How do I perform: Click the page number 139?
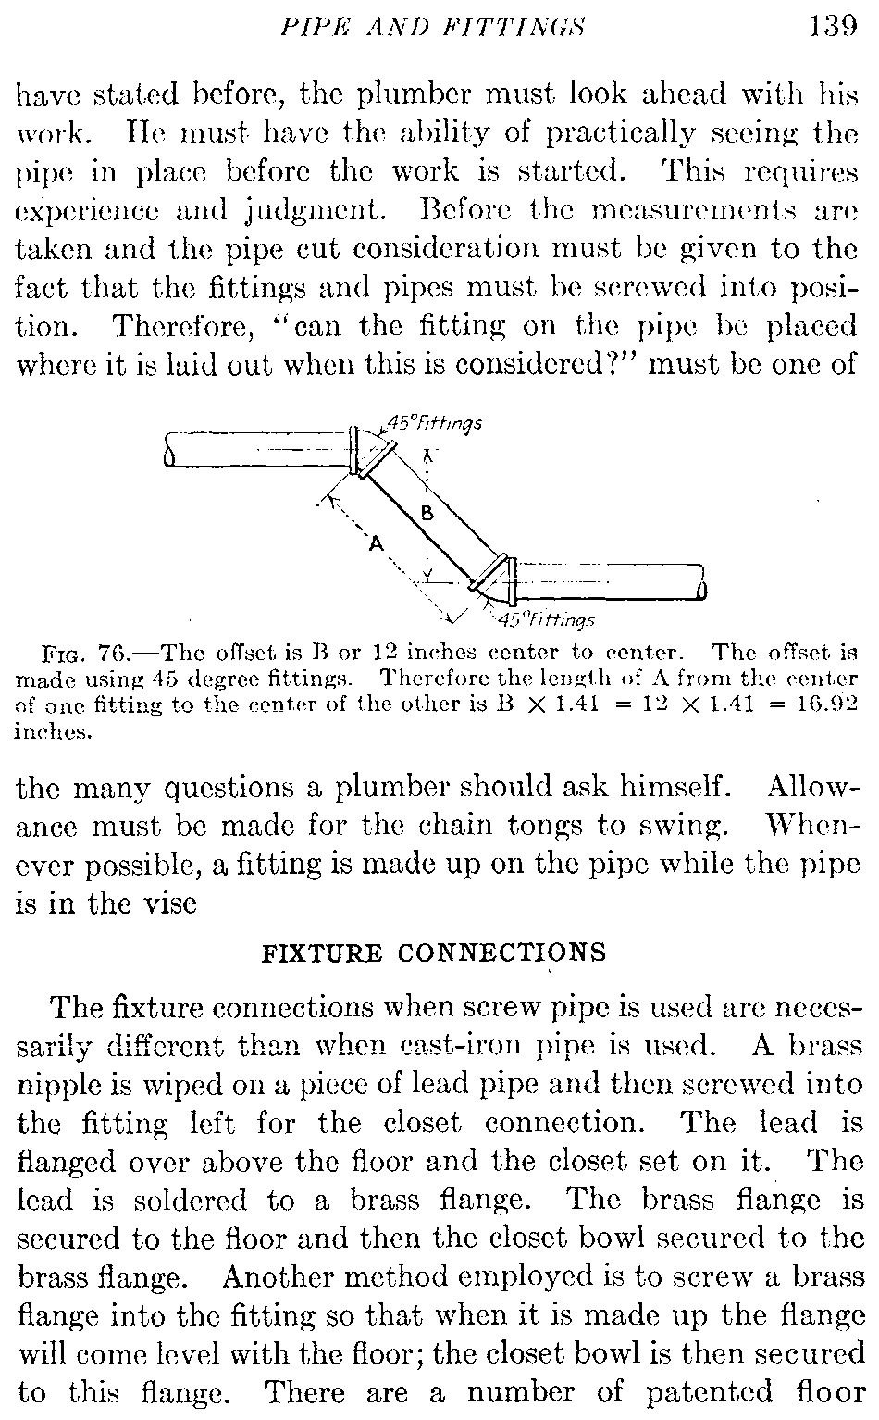click(833, 26)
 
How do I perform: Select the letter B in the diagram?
click(427, 514)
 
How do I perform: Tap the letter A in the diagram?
click(377, 543)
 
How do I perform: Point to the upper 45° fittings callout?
click(434, 423)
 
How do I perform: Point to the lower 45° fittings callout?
click(546, 618)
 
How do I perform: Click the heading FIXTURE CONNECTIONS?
click(433, 953)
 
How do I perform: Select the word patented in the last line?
click(709, 1394)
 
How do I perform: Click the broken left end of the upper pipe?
click(168, 450)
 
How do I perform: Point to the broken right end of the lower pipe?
click(702, 581)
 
